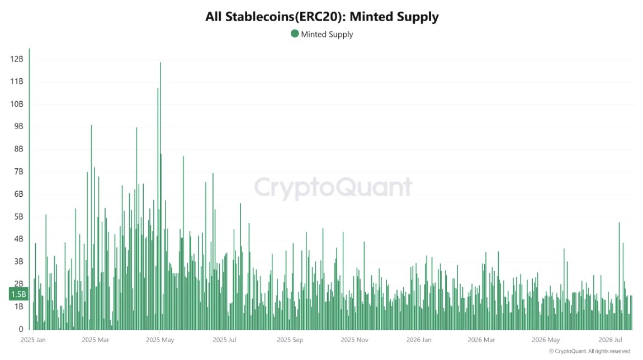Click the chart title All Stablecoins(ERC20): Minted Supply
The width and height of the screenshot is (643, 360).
click(x=322, y=17)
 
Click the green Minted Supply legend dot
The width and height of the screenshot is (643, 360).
click(x=295, y=34)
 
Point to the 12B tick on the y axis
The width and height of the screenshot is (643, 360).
click(x=17, y=59)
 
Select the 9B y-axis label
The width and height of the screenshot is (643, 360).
click(x=18, y=126)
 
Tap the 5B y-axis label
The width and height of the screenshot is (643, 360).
click(x=18, y=216)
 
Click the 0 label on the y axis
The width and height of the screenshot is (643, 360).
click(x=21, y=329)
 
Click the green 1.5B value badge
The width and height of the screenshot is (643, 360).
click(x=18, y=294)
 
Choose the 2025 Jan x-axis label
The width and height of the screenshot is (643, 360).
click(x=33, y=340)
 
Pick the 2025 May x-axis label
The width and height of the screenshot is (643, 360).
click(x=160, y=340)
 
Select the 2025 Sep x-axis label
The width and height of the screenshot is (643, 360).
click(x=290, y=340)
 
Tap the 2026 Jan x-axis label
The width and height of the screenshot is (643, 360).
click(x=419, y=340)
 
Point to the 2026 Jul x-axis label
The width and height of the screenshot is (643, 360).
click(x=610, y=340)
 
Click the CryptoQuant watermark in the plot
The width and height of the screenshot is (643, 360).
click(x=333, y=187)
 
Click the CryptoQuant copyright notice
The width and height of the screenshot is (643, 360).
click(x=590, y=352)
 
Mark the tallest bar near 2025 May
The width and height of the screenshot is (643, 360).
click(x=160, y=196)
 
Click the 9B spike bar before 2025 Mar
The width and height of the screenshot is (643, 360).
click(x=92, y=227)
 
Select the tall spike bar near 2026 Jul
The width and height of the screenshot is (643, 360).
click(x=619, y=276)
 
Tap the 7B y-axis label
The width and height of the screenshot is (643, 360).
click(x=18, y=172)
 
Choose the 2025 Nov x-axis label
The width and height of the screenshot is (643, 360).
click(x=354, y=340)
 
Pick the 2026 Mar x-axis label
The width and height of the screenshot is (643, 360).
click(x=481, y=340)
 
